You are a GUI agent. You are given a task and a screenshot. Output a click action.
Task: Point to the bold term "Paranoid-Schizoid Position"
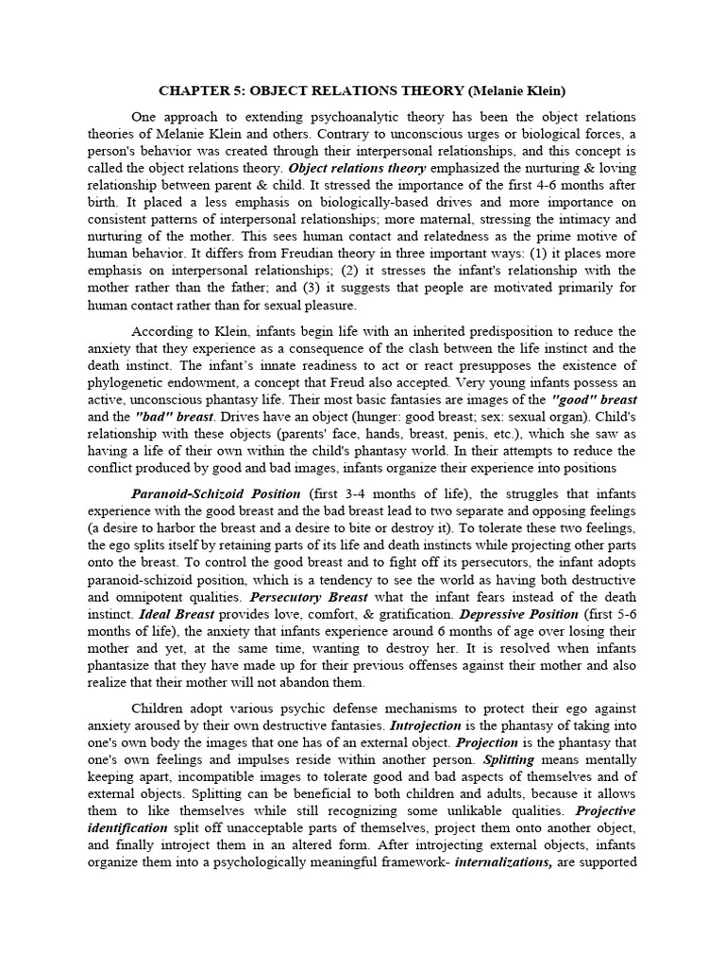[215, 493]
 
